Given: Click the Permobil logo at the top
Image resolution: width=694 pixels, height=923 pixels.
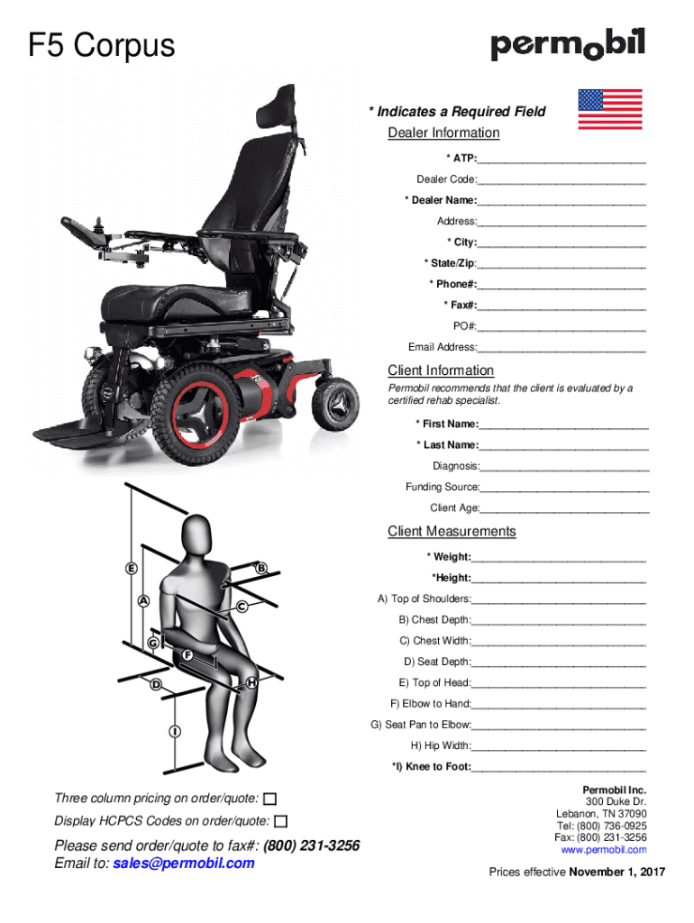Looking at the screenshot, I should [x=568, y=45].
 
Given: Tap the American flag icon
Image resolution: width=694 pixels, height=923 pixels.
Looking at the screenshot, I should [x=609, y=109].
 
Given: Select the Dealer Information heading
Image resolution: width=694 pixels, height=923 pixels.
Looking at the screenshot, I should [x=443, y=133].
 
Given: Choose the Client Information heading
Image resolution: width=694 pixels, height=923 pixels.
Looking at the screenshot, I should [x=441, y=370].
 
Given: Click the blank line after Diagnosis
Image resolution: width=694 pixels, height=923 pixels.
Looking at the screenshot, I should [x=565, y=466].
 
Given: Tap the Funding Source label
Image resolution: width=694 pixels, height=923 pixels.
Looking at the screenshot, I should [x=443, y=487].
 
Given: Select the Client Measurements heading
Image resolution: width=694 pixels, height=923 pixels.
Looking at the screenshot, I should [x=452, y=531].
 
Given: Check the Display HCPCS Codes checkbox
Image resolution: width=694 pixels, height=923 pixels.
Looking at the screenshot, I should [x=281, y=821].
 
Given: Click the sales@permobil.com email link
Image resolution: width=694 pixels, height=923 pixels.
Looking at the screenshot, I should [x=184, y=864].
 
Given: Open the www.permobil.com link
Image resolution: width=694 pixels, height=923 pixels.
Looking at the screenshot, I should [x=603, y=850].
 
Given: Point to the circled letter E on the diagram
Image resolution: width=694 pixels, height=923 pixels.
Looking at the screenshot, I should [x=132, y=569].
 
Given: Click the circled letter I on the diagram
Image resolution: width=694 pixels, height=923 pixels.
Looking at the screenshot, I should [x=172, y=731].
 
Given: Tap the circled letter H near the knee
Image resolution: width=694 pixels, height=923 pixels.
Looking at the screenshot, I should [x=252, y=683].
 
